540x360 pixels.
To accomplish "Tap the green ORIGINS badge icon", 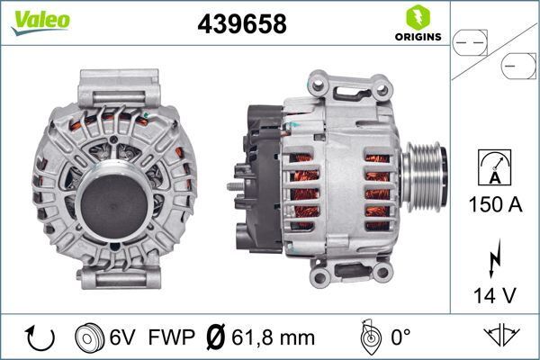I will tap(417, 17).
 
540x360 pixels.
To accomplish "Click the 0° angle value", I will tap(400, 338).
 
